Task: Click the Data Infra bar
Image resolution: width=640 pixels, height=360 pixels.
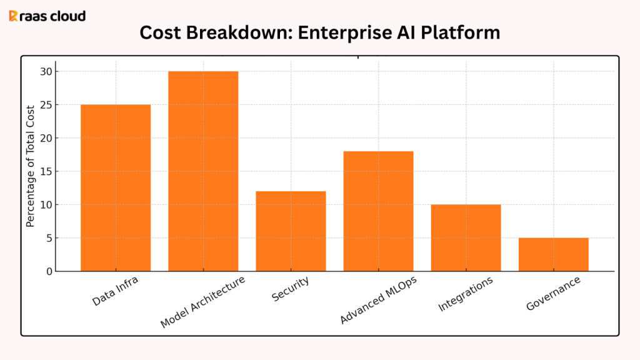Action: (116, 187)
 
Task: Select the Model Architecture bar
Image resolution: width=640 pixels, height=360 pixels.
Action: (203, 171)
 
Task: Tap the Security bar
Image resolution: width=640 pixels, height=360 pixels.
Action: (291, 231)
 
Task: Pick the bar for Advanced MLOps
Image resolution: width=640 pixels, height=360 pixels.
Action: (378, 211)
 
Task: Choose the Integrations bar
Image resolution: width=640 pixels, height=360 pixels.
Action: (466, 237)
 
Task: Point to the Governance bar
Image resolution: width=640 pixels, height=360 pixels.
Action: (553, 254)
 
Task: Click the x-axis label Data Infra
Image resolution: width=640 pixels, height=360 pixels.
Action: (116, 291)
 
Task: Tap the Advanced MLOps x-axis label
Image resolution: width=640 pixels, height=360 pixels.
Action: (378, 300)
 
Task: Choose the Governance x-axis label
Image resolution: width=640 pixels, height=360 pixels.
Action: (553, 292)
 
